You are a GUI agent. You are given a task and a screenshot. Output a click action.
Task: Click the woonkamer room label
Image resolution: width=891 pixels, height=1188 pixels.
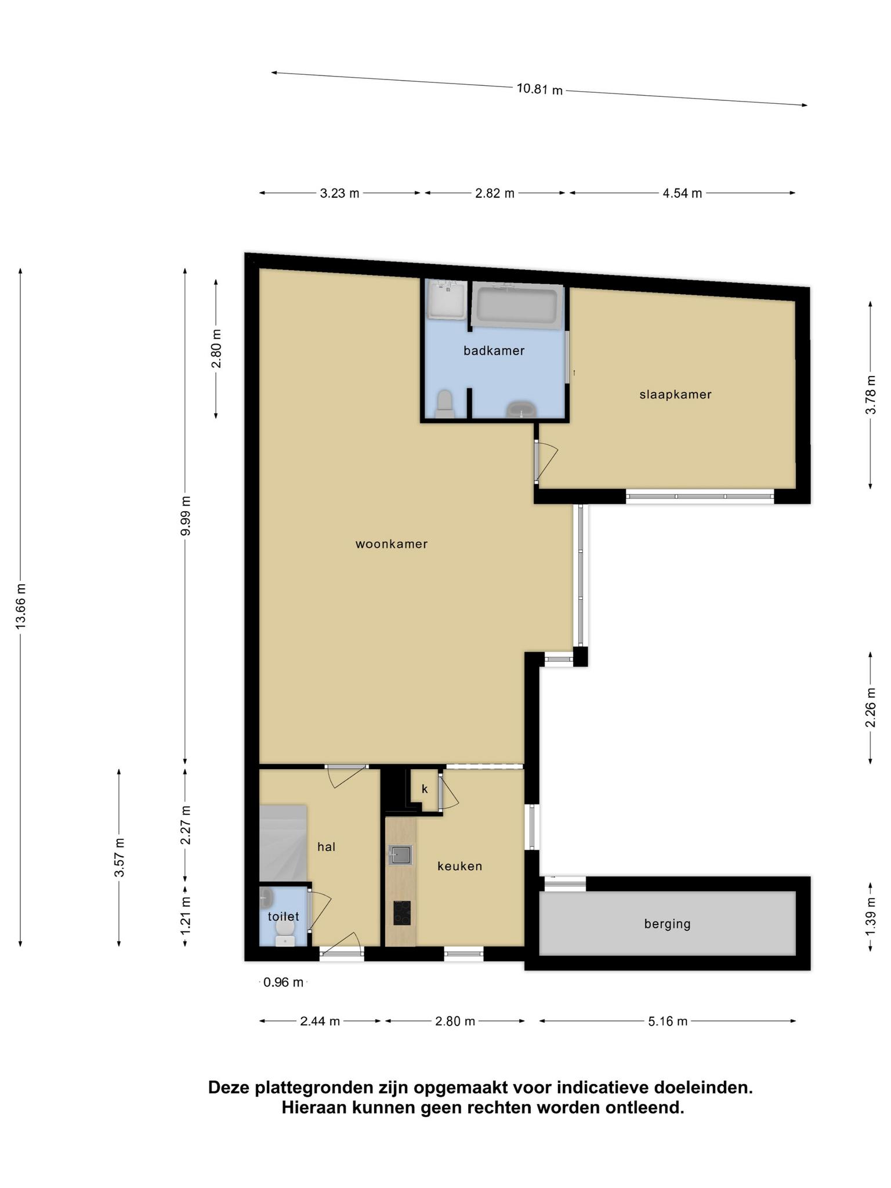coord(392,544)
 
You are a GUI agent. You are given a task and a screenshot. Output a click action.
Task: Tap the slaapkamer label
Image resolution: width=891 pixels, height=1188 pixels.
coord(675,394)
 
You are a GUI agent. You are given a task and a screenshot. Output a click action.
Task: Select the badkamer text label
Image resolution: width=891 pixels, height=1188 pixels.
coord(494,350)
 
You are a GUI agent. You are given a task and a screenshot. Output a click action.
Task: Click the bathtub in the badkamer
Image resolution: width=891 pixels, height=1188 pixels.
coord(517,305)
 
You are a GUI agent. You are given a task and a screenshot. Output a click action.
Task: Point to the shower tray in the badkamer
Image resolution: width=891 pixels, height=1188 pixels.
coord(446,300)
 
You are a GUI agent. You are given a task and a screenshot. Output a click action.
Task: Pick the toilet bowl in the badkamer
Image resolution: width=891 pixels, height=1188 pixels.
coord(445,404)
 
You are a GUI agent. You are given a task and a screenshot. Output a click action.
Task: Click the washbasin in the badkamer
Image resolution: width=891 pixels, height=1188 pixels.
coord(523,410)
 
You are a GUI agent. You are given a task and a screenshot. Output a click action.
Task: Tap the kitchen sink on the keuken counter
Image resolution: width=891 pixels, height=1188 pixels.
coord(401,855)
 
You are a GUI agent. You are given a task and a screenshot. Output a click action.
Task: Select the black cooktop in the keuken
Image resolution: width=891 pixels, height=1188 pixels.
coord(401,913)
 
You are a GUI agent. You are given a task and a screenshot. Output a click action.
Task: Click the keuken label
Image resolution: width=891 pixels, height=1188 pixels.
coord(459,866)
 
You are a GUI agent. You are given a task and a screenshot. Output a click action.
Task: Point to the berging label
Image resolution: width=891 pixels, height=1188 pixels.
coord(667,924)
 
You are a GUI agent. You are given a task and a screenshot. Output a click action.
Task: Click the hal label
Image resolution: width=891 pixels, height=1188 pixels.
coord(327,847)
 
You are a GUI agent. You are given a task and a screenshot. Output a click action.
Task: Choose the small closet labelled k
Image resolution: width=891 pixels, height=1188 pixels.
coord(424,789)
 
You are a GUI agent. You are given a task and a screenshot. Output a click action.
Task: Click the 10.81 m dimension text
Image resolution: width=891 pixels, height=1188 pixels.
coord(539,89)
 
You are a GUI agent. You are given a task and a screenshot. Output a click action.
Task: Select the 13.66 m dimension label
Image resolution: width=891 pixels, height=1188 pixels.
coord(21,606)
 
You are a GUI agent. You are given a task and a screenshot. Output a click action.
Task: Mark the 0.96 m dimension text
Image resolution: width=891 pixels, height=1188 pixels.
coord(283,982)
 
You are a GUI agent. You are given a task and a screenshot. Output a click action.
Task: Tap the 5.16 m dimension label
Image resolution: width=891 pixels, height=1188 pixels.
coord(668,1021)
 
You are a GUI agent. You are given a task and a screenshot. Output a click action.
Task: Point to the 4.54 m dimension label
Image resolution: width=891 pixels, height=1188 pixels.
coord(682,193)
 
